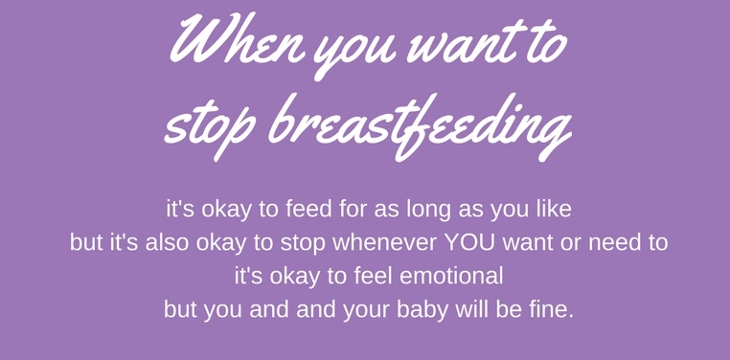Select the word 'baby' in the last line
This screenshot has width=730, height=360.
coord(422,311)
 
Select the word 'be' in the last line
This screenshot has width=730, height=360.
coord(508,311)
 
